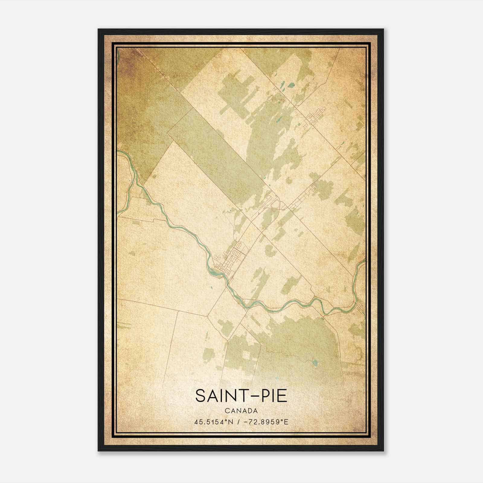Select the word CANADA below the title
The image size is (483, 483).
[x=241, y=411]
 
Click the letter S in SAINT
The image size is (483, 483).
[x=200, y=396]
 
